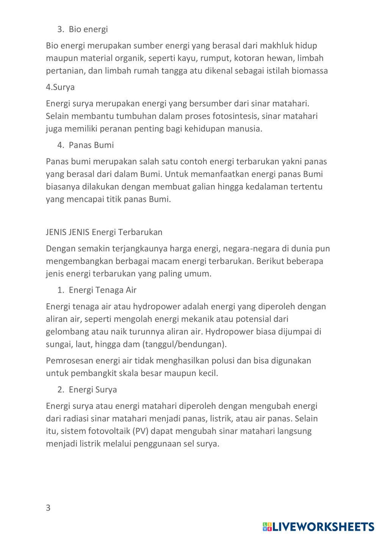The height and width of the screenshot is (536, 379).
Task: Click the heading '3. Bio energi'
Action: click(x=82, y=29)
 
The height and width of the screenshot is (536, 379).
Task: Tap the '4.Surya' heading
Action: click(x=60, y=87)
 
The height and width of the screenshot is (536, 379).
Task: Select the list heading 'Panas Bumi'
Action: click(x=91, y=145)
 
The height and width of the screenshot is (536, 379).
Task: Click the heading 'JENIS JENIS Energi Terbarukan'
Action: click(x=104, y=232)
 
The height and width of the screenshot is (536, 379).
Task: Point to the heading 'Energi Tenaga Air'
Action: click(x=102, y=290)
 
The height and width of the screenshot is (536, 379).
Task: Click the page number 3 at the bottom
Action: click(x=48, y=508)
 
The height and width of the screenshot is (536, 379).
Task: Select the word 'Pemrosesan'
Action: click(x=69, y=360)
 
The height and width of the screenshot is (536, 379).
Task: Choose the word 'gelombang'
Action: click(x=67, y=332)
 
